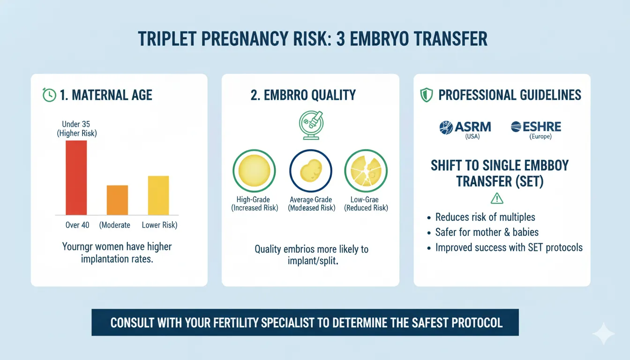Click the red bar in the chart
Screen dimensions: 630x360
(76, 178)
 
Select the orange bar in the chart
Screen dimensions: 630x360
(117, 200)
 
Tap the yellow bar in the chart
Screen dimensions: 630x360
(158, 195)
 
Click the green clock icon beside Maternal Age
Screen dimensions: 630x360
(49, 95)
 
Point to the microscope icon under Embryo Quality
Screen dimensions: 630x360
(311, 125)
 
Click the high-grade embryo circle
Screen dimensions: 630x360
(254, 171)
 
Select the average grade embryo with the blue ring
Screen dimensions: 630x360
(311, 171)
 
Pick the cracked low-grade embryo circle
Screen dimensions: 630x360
(366, 171)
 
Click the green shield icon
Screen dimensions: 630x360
(427, 95)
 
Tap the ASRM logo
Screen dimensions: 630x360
(465, 127)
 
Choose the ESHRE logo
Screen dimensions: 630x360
(536, 127)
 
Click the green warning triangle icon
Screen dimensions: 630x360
(497, 198)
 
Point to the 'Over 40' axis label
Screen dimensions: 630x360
(77, 225)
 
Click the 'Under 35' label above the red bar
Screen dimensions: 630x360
(76, 124)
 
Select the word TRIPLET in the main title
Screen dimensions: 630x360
(167, 39)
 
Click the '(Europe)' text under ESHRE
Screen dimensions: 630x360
(540, 137)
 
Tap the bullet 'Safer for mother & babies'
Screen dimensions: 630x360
(487, 232)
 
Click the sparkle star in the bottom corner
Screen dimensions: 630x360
(604, 334)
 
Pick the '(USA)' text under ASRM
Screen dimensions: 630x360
(472, 137)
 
